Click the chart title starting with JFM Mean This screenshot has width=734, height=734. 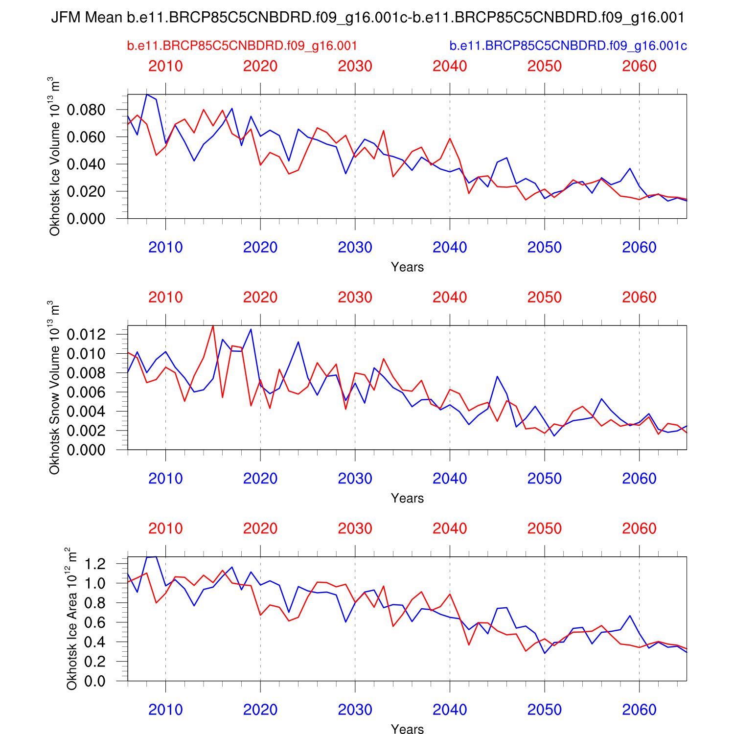tap(367, 18)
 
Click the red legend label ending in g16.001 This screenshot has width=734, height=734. tap(242, 46)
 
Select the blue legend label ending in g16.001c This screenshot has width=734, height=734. tap(568, 46)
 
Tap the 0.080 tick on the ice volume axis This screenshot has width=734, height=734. tap(86, 110)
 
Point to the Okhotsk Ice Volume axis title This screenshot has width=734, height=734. tap(54, 157)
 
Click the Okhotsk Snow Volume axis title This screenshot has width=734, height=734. tap(54, 388)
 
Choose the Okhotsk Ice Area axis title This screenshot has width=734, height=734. tap(72, 619)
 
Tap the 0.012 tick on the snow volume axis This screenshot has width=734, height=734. tap(86, 334)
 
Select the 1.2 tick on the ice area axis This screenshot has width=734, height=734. tap(94, 564)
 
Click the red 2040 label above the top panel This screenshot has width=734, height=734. tap(450, 66)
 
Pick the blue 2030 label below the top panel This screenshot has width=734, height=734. tap(355, 248)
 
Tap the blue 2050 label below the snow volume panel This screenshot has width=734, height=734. tap(545, 479)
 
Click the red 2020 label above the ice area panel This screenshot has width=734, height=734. tap(260, 528)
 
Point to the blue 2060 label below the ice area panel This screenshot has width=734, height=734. tap(639, 710)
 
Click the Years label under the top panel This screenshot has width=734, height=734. tap(407, 267)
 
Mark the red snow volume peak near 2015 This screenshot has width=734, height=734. tap(213, 325)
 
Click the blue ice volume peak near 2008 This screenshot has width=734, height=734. tap(147, 94)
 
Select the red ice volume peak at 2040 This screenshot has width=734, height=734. tap(450, 138)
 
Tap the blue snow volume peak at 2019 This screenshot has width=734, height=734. tap(251, 329)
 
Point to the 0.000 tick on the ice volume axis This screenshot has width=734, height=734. tap(86, 219)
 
